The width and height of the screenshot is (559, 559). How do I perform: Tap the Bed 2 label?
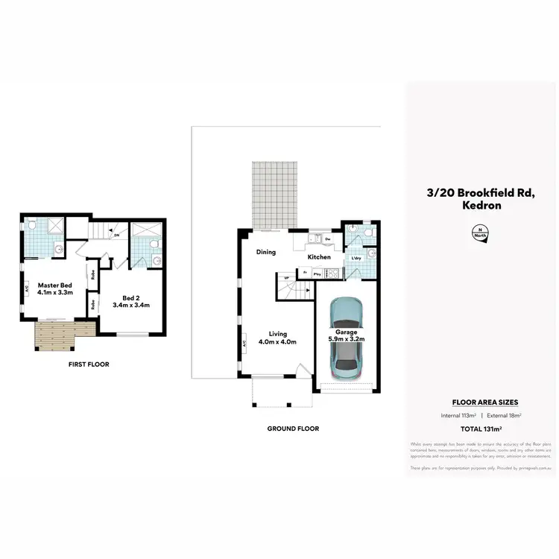131,300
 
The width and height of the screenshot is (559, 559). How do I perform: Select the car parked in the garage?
346,341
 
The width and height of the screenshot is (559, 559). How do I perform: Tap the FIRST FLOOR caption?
89,364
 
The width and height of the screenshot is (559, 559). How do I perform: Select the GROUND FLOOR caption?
293,429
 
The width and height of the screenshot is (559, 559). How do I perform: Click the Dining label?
266,252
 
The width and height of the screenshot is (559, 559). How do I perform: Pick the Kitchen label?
319,257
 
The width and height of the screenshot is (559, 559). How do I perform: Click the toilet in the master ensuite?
34,224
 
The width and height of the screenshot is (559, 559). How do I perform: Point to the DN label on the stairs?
117,236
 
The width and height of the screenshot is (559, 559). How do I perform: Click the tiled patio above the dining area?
274,195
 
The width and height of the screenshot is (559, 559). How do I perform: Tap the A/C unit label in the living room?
244,344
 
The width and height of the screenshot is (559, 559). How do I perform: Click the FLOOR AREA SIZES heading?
480,402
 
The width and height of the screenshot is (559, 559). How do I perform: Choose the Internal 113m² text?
456,415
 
